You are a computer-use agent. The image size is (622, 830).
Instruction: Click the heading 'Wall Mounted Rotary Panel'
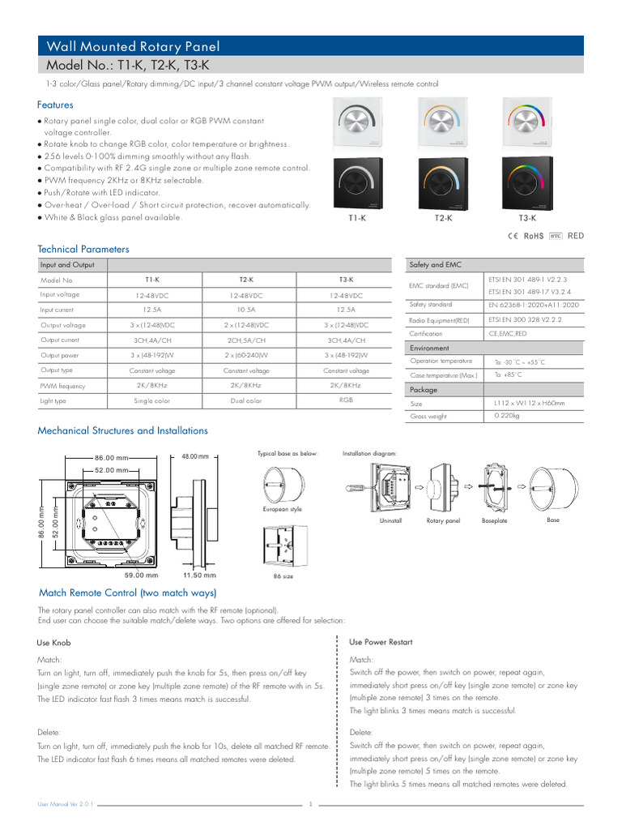[x=133, y=47]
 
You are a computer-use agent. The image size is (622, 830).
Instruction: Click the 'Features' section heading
[x=55, y=105]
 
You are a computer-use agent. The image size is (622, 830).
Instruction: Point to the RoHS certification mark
[x=534, y=236]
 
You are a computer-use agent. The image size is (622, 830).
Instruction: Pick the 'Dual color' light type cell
[x=246, y=400]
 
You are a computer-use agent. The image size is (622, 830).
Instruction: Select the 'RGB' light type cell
[x=346, y=400]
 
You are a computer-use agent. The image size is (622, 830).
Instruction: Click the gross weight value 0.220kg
[x=507, y=416]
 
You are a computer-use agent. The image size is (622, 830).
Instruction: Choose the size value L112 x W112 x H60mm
[x=529, y=403]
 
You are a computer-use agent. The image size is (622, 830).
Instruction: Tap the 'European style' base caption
[x=281, y=509]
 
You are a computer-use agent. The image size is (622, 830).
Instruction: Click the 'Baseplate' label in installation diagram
[x=494, y=520]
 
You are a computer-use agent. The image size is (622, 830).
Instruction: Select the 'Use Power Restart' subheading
[x=381, y=642]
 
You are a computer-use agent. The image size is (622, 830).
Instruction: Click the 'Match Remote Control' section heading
[x=127, y=593]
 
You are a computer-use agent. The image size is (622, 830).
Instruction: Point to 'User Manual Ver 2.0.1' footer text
[x=66, y=804]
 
